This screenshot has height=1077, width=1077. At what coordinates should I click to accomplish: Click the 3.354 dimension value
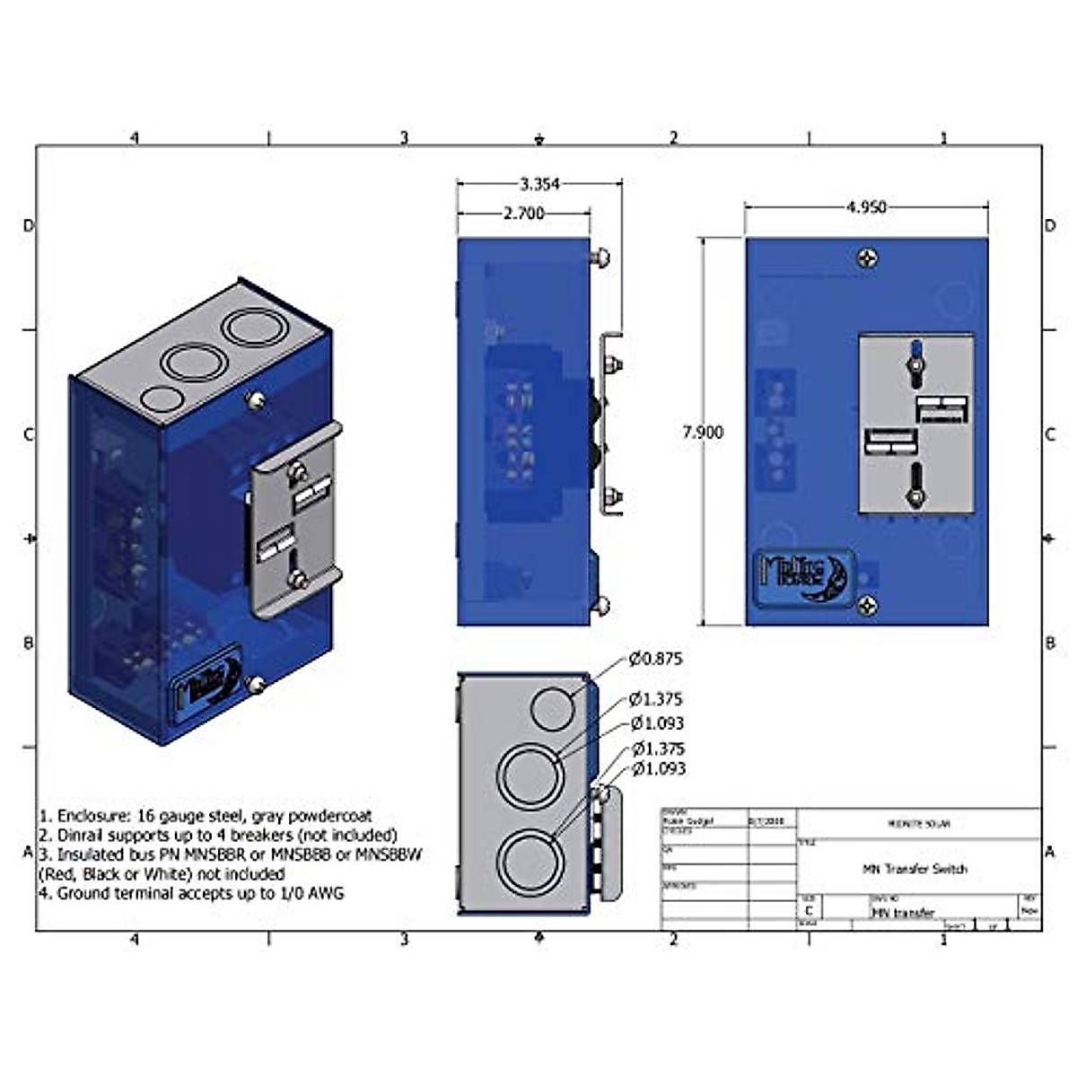(x=539, y=184)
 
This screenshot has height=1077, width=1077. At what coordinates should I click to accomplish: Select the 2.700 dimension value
(x=523, y=214)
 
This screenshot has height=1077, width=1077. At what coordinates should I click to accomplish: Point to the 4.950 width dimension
(x=865, y=207)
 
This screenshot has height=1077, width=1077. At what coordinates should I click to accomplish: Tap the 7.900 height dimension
(x=702, y=432)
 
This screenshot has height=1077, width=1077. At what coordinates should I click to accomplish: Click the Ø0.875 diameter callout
(x=655, y=659)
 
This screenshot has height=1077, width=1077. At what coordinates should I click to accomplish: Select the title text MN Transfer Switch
(x=915, y=869)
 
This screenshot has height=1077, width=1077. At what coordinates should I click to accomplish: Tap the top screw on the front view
(x=867, y=259)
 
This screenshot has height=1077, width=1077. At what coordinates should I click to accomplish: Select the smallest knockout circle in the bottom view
(x=553, y=708)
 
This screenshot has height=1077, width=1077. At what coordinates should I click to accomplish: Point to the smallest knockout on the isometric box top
(x=160, y=398)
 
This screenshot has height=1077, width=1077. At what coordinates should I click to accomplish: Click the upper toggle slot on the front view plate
(x=915, y=361)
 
